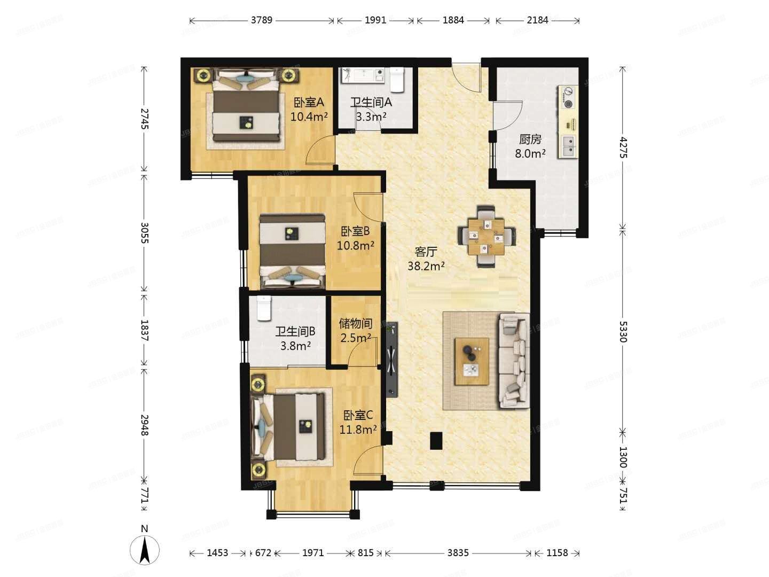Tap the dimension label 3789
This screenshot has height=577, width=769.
point(262,20)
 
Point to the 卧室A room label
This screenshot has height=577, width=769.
point(309,102)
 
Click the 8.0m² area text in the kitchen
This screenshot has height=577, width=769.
point(530,154)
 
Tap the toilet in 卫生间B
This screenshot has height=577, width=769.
point(264,308)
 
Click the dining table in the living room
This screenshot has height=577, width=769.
point(486,236)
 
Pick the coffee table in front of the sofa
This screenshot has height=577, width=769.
point(472,361)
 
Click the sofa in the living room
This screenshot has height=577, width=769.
point(515,361)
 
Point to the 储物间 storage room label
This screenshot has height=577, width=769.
point(355,323)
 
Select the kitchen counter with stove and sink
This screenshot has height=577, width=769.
point(568,122)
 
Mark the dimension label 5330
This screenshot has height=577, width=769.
point(623,331)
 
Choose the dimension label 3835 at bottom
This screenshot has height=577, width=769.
point(458,553)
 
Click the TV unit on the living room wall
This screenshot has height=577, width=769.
point(393,360)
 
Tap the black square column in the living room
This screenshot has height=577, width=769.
point(436,440)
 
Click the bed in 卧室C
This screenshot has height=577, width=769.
point(293,426)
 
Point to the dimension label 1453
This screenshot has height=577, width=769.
point(217,553)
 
